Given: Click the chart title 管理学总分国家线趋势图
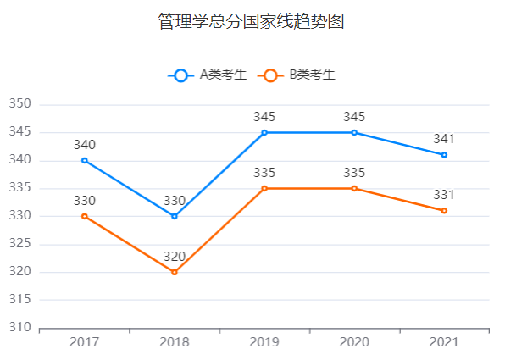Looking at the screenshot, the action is [251, 21].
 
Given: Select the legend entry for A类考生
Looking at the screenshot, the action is [207, 75].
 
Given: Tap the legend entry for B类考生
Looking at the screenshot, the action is [297, 75].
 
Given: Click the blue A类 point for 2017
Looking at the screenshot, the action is [85, 160].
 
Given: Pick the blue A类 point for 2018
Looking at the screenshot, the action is [175, 216].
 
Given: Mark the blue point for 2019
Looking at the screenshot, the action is [264, 133].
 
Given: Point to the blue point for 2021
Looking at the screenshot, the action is [444, 155].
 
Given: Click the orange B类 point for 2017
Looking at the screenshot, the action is [85, 216].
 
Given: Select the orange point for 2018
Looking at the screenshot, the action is [175, 272].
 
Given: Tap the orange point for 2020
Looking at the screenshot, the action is [354, 188].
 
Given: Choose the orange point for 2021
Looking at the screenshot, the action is [444, 211].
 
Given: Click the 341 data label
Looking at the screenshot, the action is [444, 139].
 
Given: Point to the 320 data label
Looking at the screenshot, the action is [175, 257].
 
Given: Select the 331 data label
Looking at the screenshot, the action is [444, 195].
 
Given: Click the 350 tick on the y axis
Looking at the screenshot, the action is [20, 103].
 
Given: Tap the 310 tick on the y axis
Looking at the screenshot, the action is [20, 327].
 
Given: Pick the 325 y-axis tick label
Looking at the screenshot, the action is [20, 243].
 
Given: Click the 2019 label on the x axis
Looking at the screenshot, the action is [264, 342].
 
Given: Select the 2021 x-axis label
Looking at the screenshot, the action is [444, 342].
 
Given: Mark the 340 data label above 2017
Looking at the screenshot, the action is [85, 145].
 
